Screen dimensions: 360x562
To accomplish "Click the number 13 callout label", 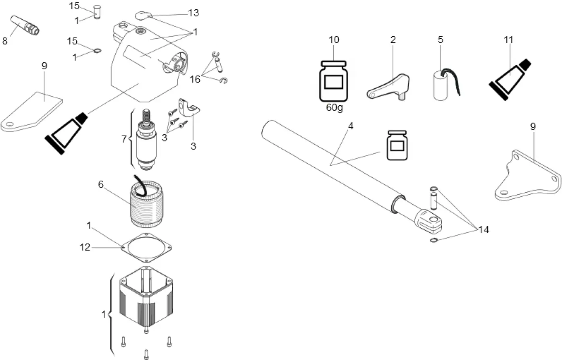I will point(193,13).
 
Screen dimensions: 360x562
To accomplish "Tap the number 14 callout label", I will point(483,229).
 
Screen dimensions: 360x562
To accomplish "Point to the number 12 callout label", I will point(85,247).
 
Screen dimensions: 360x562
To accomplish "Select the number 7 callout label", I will point(124,139).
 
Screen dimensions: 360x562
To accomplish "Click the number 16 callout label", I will point(195,79).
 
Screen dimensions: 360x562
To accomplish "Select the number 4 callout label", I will point(351,126).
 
